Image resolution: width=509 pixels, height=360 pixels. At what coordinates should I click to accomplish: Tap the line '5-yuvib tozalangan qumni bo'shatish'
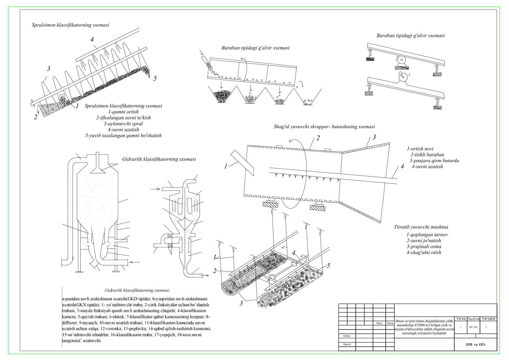pyautogui.click(x=123, y=136)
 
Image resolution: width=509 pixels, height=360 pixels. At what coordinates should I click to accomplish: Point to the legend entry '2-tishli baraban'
pyautogui.click(x=427, y=154)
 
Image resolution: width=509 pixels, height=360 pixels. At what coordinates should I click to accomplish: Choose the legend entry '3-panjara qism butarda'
pyautogui.click(x=434, y=161)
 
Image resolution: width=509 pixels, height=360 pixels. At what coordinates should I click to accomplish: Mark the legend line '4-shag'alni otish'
pyautogui.click(x=423, y=252)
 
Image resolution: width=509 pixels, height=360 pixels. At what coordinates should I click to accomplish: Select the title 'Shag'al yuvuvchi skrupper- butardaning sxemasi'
pyautogui.click(x=324, y=127)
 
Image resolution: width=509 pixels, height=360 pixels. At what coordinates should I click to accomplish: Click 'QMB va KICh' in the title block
pyautogui.click(x=475, y=345)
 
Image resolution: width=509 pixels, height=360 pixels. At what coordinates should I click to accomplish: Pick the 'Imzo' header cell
pyautogui.click(x=379, y=323)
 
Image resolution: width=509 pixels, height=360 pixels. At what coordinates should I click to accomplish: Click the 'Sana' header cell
pyautogui.click(x=390, y=323)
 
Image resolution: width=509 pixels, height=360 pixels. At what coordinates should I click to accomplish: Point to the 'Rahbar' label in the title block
pyautogui.click(x=347, y=336)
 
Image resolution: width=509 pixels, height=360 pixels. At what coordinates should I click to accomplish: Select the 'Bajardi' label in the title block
pyautogui.click(x=347, y=344)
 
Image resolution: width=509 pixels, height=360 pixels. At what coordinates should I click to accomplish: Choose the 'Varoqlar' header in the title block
pyautogui.click(x=488, y=319)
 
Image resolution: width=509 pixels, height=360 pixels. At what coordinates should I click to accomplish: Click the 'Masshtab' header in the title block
pyautogui.click(x=473, y=319)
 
